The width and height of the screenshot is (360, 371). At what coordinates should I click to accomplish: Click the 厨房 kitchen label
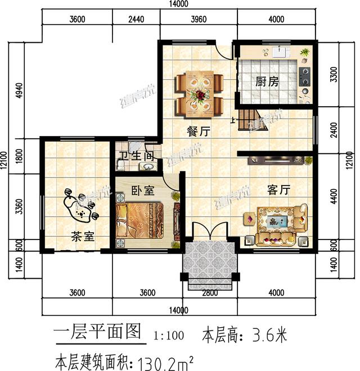coord(267,82)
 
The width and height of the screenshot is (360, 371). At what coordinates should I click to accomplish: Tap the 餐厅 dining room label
coord(198,132)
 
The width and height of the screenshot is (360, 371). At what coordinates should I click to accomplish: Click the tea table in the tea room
coord(81,207)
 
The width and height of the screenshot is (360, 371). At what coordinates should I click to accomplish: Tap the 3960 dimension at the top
coord(199,18)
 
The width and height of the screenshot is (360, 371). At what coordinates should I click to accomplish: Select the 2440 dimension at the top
coord(136,18)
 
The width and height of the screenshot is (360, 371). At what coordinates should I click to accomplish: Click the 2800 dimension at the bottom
coord(209,292)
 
